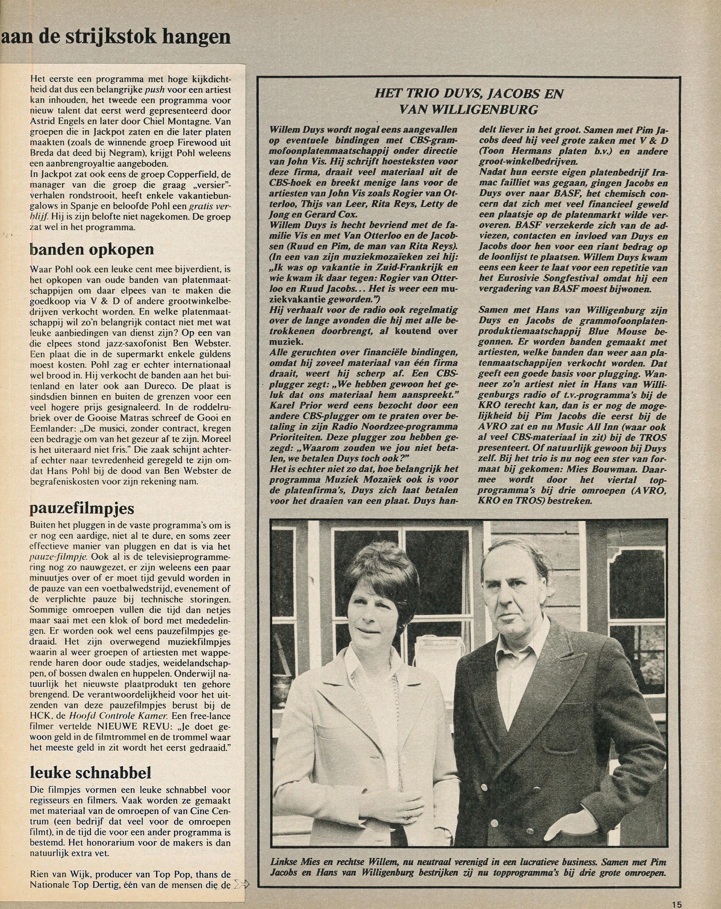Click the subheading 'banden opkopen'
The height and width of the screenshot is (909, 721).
(91, 250)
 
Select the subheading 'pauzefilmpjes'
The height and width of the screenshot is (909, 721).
(82, 508)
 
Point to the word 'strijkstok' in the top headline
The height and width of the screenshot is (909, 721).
(113, 37)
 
